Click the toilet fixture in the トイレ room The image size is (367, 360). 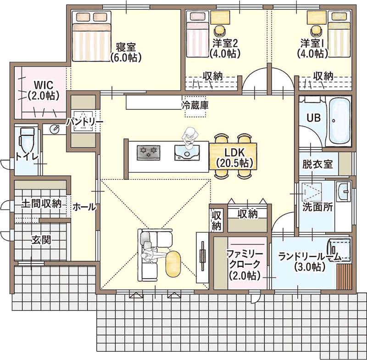27,140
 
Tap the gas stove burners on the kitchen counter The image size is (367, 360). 149,153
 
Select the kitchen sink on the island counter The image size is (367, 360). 187,153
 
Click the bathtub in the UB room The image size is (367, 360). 339,122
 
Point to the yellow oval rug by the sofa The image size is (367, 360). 173,264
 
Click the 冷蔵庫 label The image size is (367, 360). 195,106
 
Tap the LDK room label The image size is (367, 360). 235,153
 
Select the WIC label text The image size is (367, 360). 44,84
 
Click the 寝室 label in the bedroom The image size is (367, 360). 126,47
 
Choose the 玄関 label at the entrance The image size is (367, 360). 41,240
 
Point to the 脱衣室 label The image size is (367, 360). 317,164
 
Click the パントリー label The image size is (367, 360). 85,122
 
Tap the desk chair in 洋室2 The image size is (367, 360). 220,30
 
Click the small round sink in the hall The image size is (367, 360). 55,129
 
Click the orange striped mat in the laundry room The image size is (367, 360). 345,276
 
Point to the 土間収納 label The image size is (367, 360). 41,203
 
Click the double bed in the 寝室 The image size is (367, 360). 91,36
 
